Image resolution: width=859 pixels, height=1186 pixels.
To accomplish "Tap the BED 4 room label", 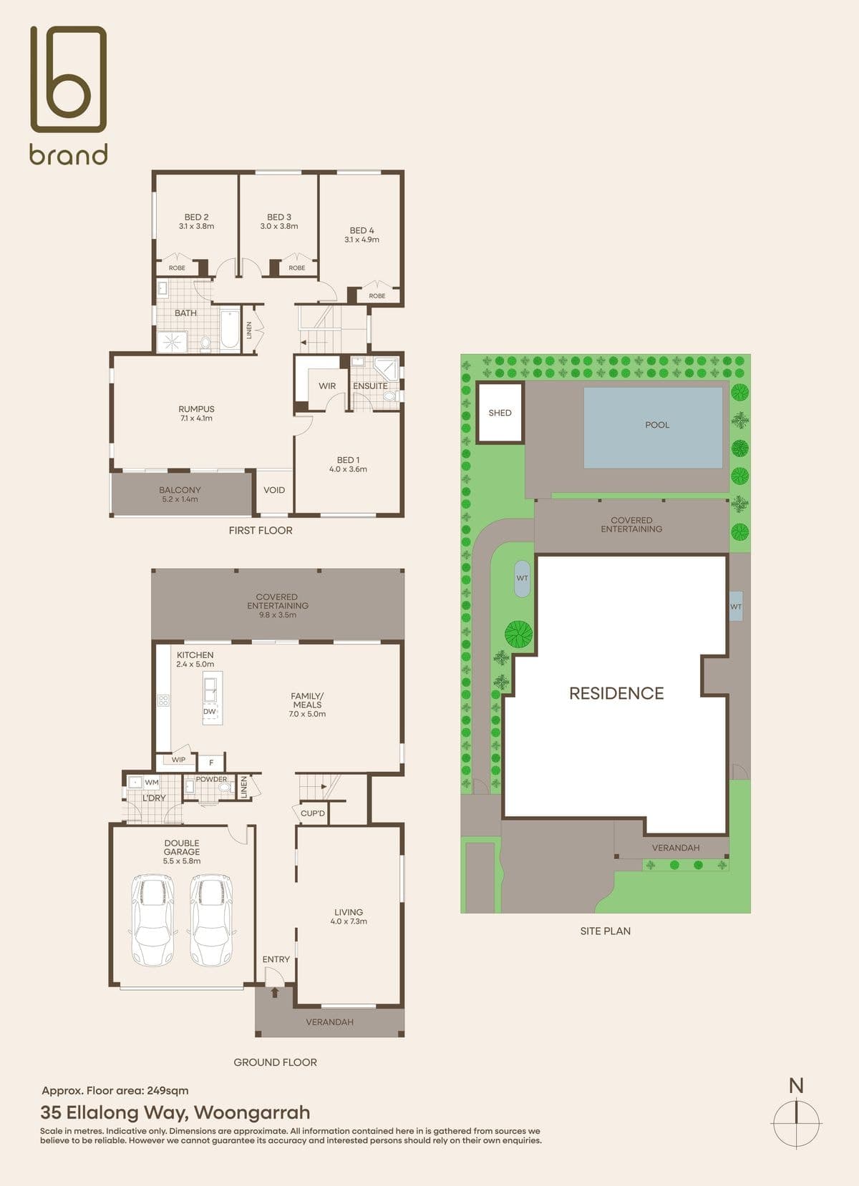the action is tap(361, 230).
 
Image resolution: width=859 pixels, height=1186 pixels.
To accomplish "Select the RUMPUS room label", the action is tap(196, 408).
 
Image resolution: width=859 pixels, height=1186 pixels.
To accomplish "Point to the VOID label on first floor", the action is tap(274, 490).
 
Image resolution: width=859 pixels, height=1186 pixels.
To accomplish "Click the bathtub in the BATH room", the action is tap(230, 328).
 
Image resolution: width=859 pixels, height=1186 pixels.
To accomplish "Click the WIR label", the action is tap(327, 386).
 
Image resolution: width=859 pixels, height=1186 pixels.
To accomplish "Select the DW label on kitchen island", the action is tap(210, 711).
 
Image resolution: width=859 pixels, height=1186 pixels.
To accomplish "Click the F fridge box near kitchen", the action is tap(211, 763).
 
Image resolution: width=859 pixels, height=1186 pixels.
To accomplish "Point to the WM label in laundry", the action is tap(152, 782).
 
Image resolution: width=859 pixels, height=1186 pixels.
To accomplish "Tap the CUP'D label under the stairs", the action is tap(313, 813).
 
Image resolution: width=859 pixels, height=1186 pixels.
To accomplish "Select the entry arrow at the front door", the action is tap(274, 991).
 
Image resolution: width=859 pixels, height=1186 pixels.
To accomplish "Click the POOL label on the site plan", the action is tap(657, 425).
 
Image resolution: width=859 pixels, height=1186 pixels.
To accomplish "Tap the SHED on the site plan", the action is tap(500, 413).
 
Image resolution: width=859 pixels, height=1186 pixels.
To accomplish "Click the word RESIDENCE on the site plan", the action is tap(616, 694).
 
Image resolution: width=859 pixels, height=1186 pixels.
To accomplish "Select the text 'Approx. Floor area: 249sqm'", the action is tap(115, 1091).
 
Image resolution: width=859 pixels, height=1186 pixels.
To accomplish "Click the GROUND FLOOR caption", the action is tap(275, 1062).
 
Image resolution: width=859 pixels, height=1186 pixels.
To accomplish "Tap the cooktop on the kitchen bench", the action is tap(162, 700).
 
